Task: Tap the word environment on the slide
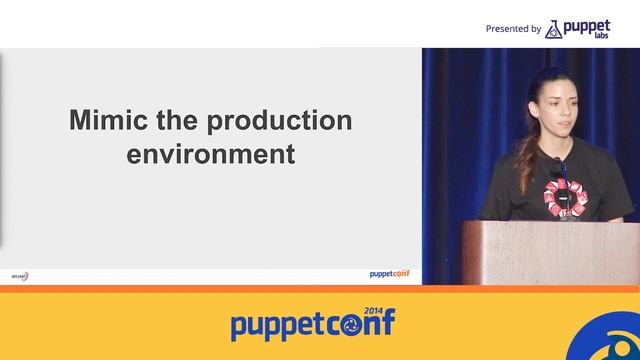point(210,155)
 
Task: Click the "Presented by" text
point(513,29)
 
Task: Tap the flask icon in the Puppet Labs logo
point(553,29)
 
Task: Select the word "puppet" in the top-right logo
point(587,26)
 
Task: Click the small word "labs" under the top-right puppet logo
point(601,37)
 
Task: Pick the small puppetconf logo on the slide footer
point(389,274)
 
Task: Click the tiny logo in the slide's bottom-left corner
point(19,276)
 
